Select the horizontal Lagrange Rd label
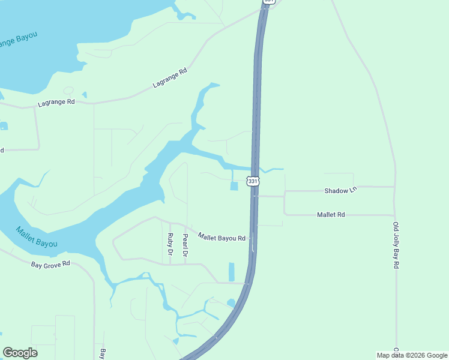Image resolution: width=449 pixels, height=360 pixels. [56, 103]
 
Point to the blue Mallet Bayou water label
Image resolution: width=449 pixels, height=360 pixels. [37, 236]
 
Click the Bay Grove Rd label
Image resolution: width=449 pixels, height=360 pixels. [50, 263]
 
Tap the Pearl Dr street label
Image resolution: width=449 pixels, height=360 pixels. [185, 245]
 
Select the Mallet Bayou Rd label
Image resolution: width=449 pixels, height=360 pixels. [221, 238]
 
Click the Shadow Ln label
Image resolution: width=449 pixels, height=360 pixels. [340, 190]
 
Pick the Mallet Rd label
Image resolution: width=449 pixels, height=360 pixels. [331, 214]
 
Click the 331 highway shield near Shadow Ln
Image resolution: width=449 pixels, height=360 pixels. [253, 181]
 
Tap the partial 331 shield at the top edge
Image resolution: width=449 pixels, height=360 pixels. [269, 2]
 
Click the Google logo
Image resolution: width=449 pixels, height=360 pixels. [20, 353]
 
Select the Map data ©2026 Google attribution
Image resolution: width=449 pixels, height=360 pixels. [412, 355]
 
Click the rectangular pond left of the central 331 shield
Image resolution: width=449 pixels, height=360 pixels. [234, 186]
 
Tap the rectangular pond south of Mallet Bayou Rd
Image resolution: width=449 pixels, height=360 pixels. [232, 272]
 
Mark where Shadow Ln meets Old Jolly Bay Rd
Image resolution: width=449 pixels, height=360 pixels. [394, 187]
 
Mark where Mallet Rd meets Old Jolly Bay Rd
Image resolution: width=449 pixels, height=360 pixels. [394, 215]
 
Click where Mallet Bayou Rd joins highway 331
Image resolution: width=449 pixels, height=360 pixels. [252, 238]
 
